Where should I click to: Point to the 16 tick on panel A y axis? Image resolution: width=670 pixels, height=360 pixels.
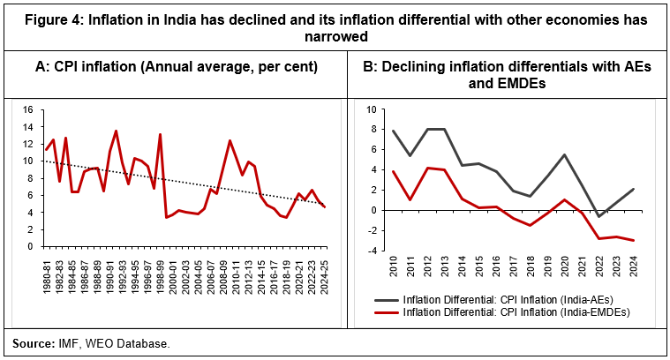(26, 110)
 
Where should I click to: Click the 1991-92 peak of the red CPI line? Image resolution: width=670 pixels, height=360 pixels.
(116, 131)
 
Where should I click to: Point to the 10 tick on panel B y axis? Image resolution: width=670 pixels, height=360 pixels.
(371, 110)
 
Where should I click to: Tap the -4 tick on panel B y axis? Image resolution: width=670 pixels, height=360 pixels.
(371, 251)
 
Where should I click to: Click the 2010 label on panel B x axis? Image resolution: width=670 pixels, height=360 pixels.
(393, 267)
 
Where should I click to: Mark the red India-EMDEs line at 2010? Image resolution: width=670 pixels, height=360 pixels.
(393, 172)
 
